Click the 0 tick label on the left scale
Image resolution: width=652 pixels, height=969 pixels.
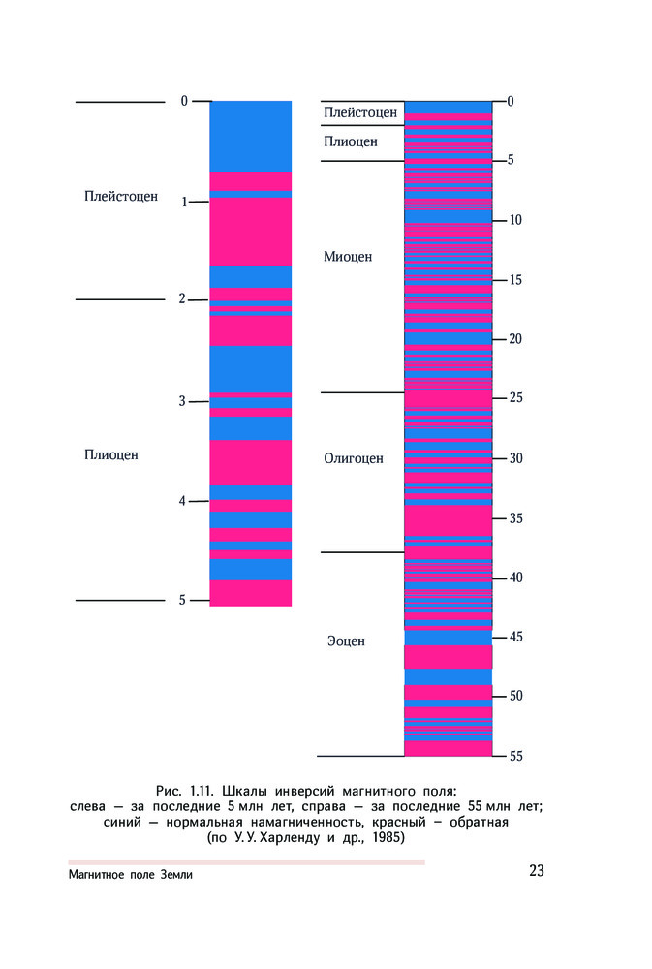pyautogui.click(x=184, y=101)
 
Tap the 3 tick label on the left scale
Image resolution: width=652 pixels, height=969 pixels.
pyautogui.click(x=182, y=401)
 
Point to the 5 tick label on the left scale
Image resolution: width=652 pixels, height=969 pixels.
pyautogui.click(x=182, y=601)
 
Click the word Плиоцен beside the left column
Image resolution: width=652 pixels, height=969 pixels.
pyautogui.click(x=111, y=454)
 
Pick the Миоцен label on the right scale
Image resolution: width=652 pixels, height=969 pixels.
pyautogui.click(x=348, y=257)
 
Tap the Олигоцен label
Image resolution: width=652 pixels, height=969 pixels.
pyautogui.click(x=354, y=458)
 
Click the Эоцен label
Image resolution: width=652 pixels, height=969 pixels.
pyautogui.click(x=346, y=641)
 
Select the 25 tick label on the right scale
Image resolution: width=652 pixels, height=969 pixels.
pyautogui.click(x=515, y=398)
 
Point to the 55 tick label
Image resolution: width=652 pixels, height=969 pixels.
pyautogui.click(x=515, y=757)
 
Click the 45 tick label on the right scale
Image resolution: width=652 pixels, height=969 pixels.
pyautogui.click(x=515, y=638)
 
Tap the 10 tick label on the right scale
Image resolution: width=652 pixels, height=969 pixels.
pyautogui.click(x=515, y=220)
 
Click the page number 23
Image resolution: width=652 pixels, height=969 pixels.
pyautogui.click(x=537, y=870)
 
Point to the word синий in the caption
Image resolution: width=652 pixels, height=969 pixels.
pyautogui.click(x=123, y=822)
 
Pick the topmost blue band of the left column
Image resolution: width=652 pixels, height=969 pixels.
pyautogui.click(x=251, y=136)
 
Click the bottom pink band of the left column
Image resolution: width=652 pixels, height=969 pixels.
pyautogui.click(x=251, y=593)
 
